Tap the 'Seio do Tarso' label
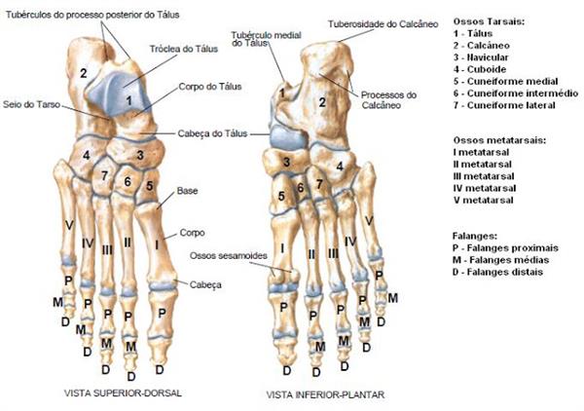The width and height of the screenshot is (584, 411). pos(28,103)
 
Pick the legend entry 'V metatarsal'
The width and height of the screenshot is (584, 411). pos(485,200)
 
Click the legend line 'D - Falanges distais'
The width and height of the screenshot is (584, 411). pos(503,272)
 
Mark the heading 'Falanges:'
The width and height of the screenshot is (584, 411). pos(475,236)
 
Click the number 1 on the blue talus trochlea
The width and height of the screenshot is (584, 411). pos(128,99)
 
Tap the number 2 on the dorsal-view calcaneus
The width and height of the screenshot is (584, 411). pos(84,73)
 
